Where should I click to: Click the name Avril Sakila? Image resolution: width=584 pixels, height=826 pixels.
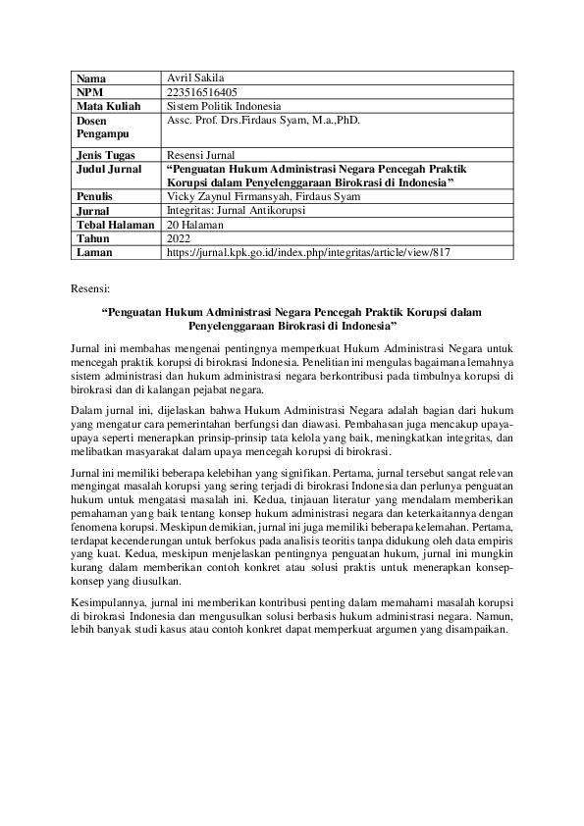coord(197,77)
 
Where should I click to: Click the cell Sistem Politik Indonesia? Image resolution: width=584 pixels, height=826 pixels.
coord(224,105)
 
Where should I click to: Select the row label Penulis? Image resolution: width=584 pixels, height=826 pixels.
coord(94,196)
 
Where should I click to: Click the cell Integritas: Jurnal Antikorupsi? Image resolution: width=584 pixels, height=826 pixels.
coord(237,210)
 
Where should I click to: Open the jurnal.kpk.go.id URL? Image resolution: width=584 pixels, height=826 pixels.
coord(308,252)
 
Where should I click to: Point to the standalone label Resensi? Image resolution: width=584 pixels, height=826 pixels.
coord(91,290)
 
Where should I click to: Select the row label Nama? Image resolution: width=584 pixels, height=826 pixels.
coord(91,77)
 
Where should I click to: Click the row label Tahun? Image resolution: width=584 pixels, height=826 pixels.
coord(92,238)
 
